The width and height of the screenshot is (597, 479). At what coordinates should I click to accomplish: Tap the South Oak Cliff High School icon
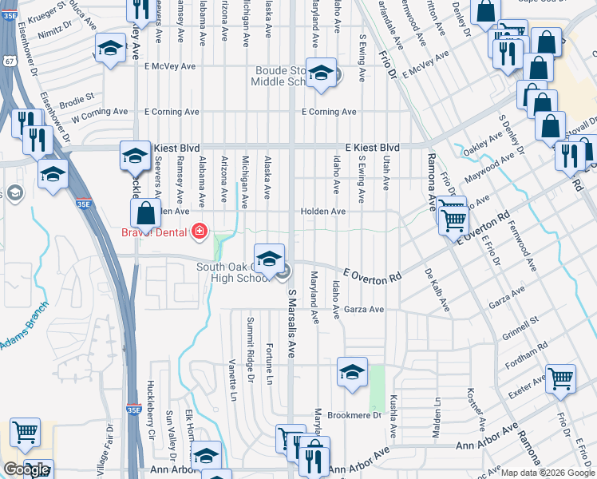click(270, 257)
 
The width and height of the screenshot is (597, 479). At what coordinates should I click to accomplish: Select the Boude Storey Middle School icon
click(321, 73)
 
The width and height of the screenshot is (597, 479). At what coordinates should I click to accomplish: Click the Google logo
click(27, 469)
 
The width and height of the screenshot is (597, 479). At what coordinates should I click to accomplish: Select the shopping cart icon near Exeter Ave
click(560, 378)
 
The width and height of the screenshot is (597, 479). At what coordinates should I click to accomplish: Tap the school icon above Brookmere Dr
click(351, 371)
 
